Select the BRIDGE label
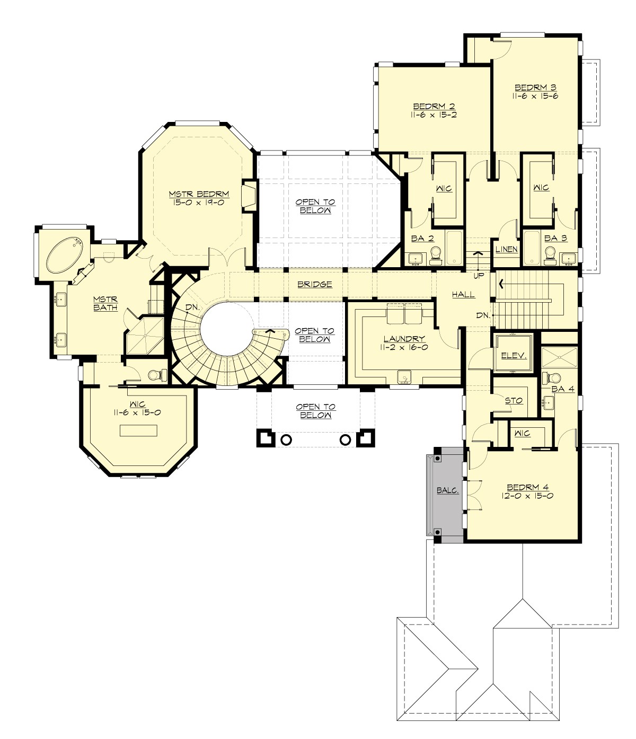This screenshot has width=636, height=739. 314,284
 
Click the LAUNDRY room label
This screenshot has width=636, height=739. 404,339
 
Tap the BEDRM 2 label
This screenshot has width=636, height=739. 434,105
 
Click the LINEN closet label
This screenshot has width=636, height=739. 506,249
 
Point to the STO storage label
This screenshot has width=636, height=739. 514,401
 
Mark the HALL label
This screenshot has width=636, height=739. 463,295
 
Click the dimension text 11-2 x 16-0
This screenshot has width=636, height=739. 404,347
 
